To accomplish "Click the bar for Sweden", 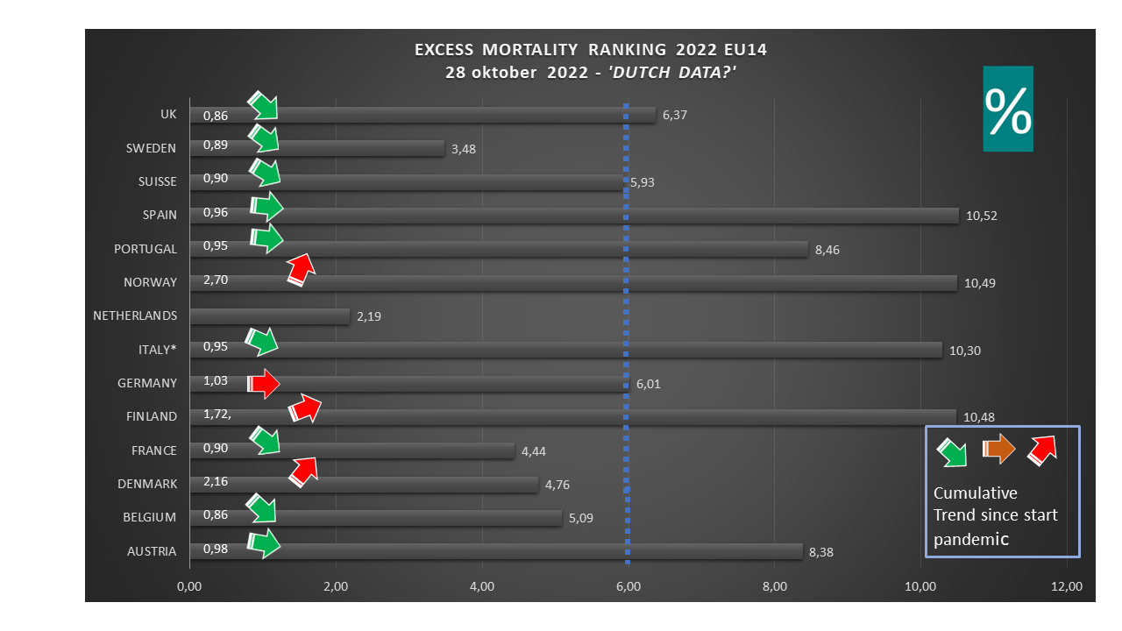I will [351, 148].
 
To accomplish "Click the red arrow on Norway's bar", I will [301, 270].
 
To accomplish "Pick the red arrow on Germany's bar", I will [263, 383].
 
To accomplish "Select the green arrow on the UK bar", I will [263, 106].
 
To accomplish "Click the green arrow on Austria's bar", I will [264, 544].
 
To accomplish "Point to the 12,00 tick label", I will [1067, 586].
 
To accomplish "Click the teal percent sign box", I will [1008, 109].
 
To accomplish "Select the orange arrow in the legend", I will [998, 450].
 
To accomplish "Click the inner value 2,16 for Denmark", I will [216, 483].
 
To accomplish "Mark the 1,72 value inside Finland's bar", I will [216, 416].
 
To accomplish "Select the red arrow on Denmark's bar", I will [302, 471].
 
